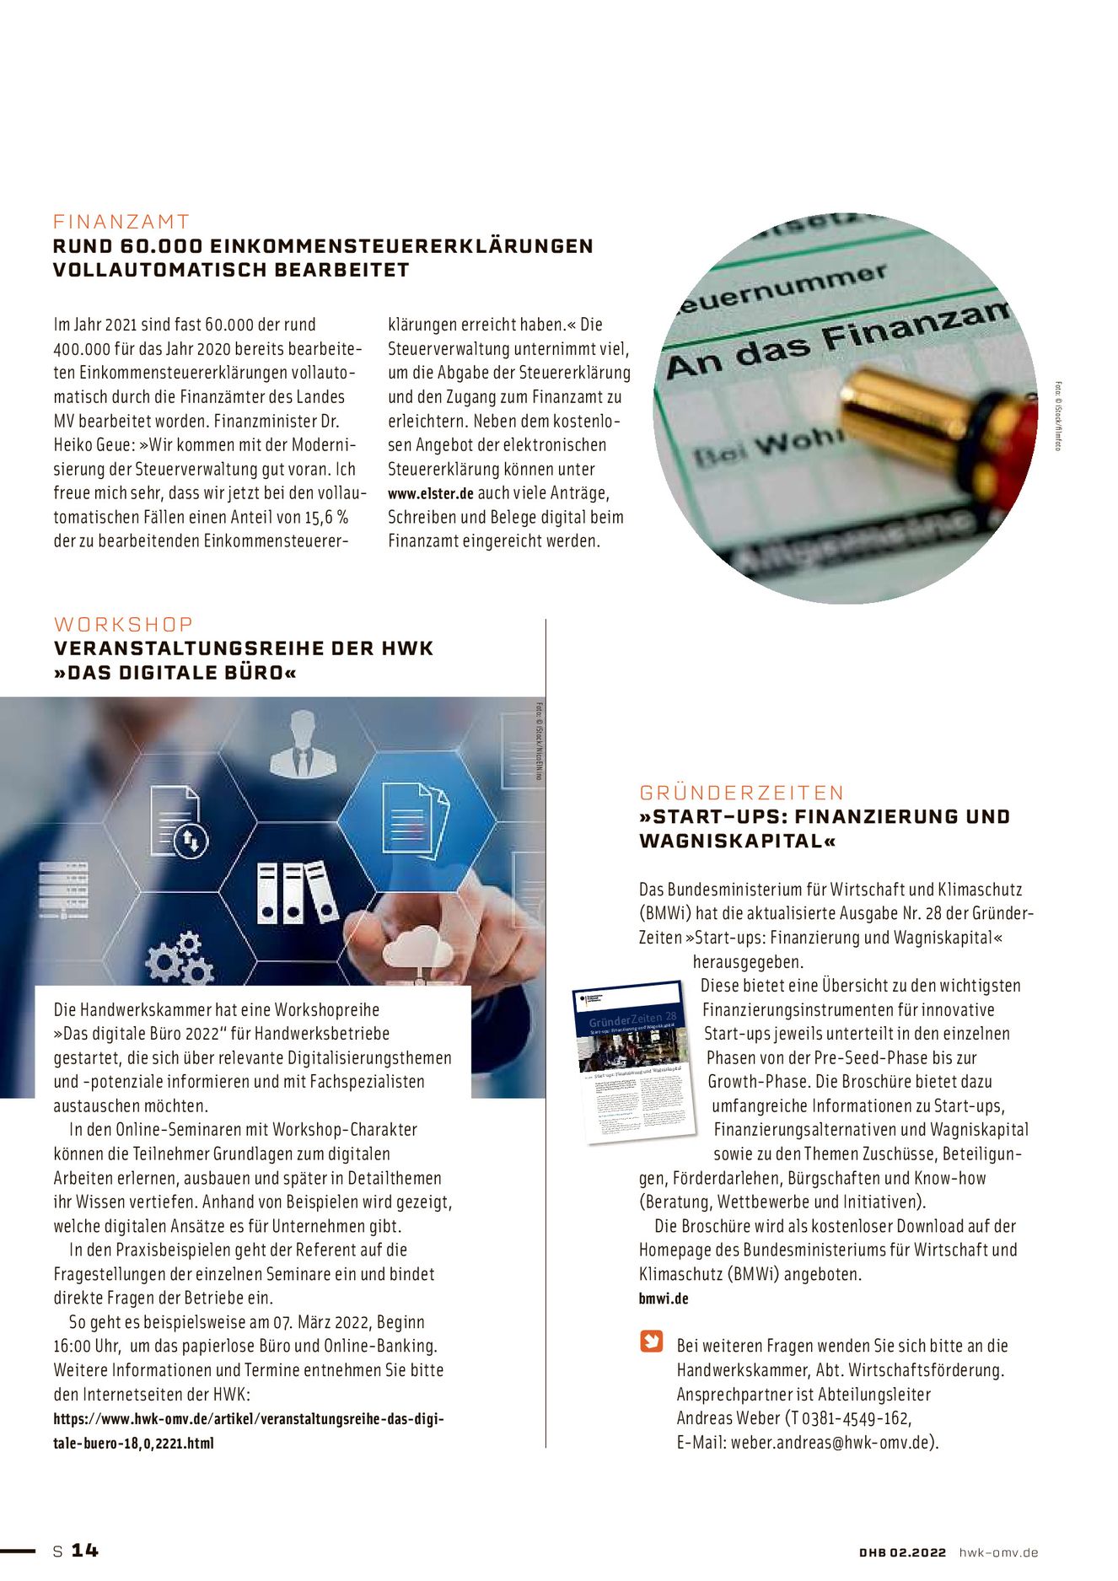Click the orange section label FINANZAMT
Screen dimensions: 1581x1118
pos(121,222)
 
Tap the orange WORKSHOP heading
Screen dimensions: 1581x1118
pos(124,625)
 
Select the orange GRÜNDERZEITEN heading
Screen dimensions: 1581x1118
pos(742,793)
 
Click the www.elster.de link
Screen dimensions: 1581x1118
pos(430,494)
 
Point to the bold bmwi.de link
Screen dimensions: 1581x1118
pos(664,1299)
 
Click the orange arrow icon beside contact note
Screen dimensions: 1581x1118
pos(652,1342)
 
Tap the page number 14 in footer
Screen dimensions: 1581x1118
pos(84,1551)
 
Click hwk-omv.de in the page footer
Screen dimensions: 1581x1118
pos(998,1552)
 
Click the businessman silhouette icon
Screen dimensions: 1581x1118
pos(303,745)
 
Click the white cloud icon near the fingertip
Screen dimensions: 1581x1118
pos(417,949)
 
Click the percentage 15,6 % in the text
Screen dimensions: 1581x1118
pos(326,518)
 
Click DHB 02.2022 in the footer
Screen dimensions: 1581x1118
pos(902,1552)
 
